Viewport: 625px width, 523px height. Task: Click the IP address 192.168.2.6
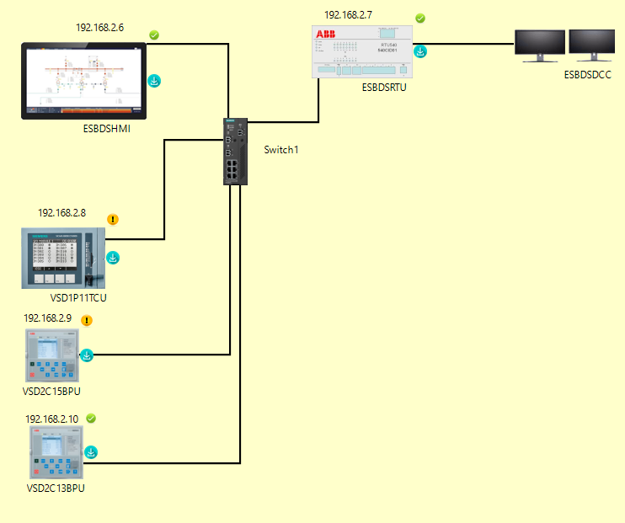[99, 28]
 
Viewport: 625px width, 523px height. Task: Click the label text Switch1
[281, 150]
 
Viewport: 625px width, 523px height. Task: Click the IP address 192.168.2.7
[348, 15]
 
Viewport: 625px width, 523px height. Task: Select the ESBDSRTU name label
[383, 87]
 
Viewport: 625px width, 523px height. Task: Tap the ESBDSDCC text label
[588, 76]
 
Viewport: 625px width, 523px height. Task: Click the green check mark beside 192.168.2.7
[420, 19]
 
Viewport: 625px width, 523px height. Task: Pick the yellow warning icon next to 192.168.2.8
[114, 220]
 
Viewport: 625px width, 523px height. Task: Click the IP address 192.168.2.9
[47, 319]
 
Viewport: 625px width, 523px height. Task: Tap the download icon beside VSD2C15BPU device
[87, 355]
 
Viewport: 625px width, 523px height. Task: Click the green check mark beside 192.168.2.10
[91, 419]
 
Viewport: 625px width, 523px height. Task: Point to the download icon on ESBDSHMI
[155, 82]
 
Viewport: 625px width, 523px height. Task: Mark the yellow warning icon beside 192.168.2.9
[87, 320]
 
